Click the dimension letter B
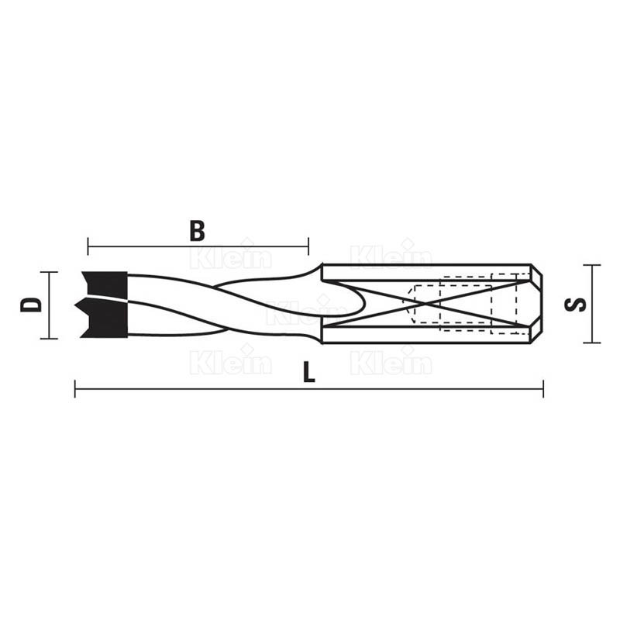point(198,231)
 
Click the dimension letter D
point(31,305)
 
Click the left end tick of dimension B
point(88,246)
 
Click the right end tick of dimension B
point(308,246)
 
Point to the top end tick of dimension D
point(49,272)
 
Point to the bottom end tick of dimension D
point(49,339)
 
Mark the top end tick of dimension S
point(592,265)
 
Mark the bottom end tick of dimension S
point(592,343)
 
